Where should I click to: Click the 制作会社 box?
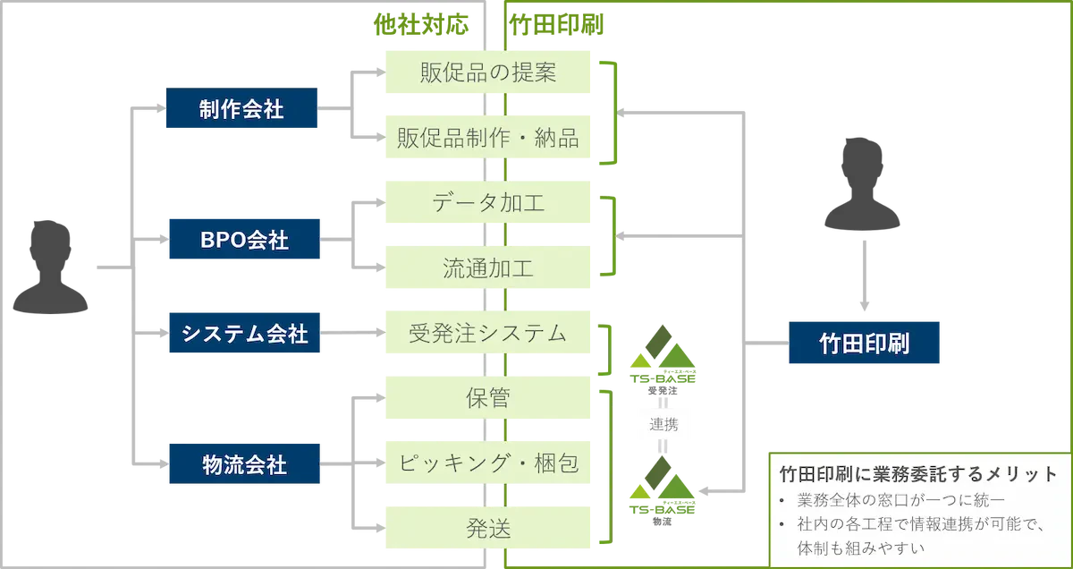click(241, 110)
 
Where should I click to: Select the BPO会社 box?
click(241, 240)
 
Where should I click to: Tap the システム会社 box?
click(241, 335)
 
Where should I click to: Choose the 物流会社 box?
click(241, 465)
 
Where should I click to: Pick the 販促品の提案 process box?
click(487, 73)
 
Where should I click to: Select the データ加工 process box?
click(487, 203)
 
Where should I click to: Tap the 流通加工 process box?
click(487, 268)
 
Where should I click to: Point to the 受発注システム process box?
click(487, 334)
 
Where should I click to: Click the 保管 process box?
click(487, 397)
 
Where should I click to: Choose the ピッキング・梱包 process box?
click(487, 463)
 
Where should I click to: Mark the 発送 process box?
click(487, 529)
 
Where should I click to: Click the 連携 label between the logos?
click(664, 424)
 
